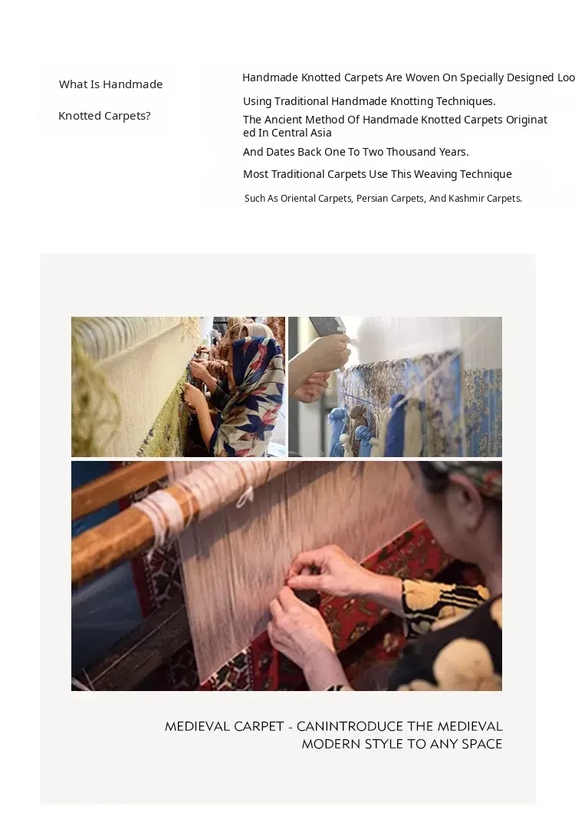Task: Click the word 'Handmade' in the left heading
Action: [x=133, y=84]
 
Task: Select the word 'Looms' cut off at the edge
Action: [x=566, y=77]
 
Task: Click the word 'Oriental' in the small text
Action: [x=297, y=199]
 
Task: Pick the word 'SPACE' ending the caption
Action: [x=481, y=744]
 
